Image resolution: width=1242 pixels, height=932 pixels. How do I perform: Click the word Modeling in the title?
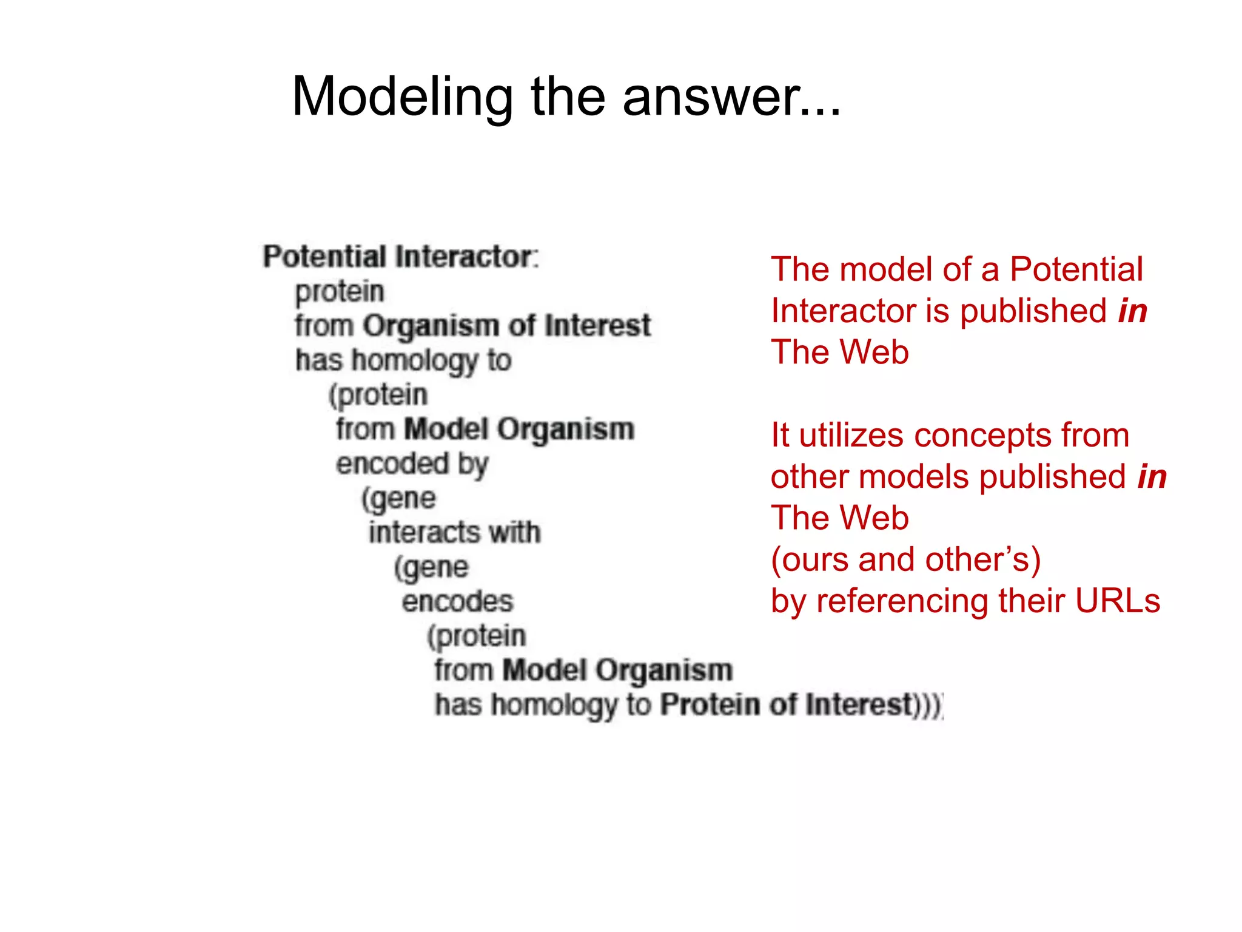(x=402, y=97)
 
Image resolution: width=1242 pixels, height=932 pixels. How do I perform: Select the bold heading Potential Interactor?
(x=400, y=257)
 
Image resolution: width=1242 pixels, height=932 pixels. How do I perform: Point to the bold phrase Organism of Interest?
(x=506, y=326)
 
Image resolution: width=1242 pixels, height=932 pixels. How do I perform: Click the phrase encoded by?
(x=412, y=464)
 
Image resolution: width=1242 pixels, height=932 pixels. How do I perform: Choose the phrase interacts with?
(x=455, y=533)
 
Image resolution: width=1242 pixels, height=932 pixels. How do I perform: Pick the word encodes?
(x=457, y=602)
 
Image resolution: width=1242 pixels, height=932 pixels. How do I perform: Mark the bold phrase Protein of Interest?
(x=787, y=705)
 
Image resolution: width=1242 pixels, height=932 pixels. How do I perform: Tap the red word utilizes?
(x=850, y=436)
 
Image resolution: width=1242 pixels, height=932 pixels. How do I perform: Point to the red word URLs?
(x=1117, y=601)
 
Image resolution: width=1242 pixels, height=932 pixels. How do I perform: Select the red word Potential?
(x=1076, y=269)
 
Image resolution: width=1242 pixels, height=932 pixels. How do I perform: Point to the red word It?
(x=780, y=436)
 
